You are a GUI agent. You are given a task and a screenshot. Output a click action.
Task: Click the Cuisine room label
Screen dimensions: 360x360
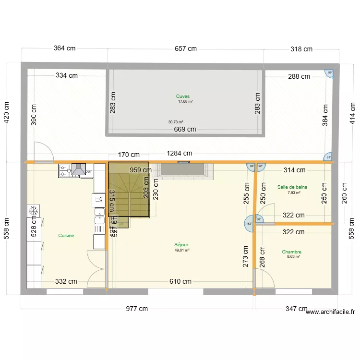point(66,236)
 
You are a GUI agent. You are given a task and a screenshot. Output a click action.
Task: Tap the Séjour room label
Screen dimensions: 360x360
point(181,245)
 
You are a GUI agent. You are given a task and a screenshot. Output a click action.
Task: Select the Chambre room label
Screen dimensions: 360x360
point(291,252)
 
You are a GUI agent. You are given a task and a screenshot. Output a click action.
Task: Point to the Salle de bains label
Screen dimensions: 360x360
point(292,187)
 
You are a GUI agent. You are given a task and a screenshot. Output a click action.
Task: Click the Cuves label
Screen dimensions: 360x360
point(182,96)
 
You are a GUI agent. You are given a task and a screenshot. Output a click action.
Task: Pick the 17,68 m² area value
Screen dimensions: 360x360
point(185,102)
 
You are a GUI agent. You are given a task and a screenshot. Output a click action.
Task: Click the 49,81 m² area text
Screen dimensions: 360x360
point(182,250)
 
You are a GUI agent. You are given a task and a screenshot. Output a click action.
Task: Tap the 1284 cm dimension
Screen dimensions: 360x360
point(180,154)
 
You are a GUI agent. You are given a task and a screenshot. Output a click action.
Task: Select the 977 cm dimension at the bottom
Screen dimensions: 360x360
point(137,309)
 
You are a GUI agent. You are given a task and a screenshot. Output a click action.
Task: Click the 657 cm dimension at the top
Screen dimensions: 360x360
point(185,48)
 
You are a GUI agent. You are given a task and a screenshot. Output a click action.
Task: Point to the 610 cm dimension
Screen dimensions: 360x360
point(180,282)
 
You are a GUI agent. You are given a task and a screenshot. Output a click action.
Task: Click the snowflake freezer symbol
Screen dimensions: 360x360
point(33,211)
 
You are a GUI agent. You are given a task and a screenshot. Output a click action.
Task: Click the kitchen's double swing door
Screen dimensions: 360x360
point(96,269)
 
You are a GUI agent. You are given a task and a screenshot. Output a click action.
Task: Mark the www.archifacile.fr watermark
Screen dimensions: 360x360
point(330,312)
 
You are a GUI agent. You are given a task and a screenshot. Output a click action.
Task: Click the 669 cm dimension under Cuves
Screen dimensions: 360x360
point(185,129)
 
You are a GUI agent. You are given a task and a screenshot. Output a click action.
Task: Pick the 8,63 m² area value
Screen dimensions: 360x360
point(293,257)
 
